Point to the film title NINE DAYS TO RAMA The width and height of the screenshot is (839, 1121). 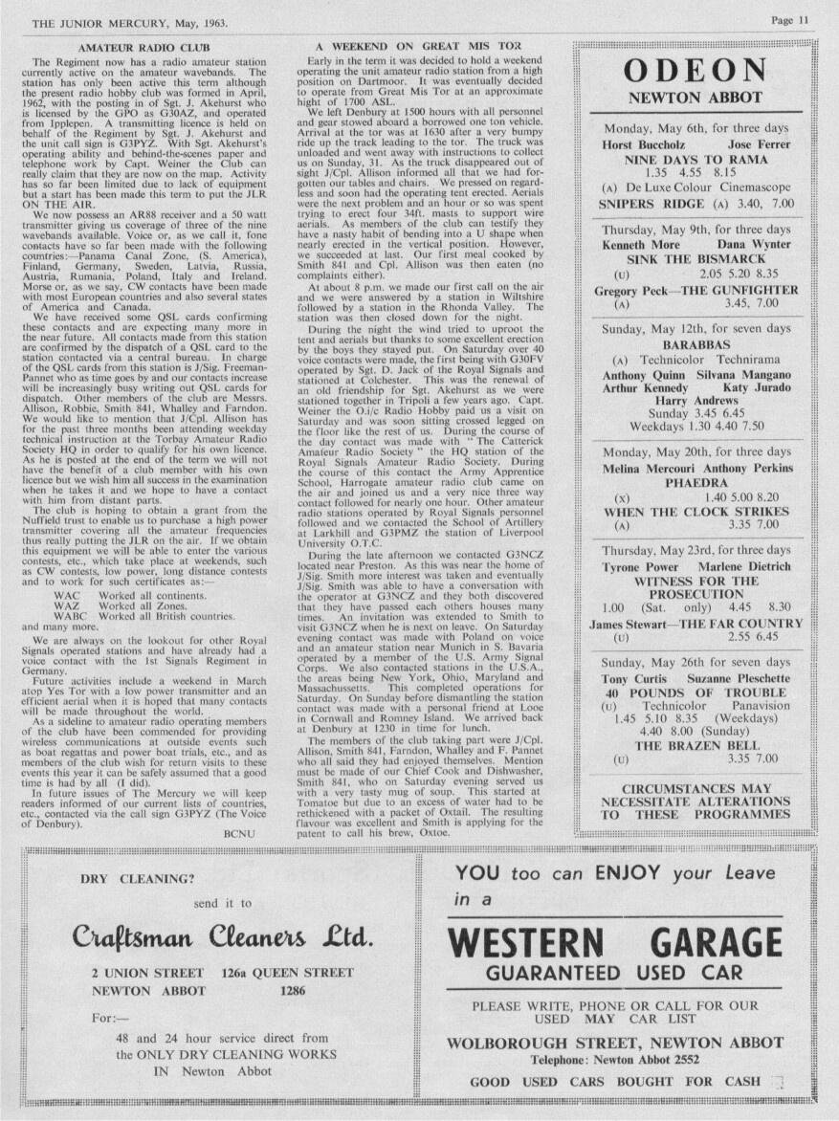point(695,160)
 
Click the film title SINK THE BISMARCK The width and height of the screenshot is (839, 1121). point(695,259)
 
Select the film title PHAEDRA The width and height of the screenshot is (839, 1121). point(695,484)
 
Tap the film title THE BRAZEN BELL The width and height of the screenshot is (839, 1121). point(695,745)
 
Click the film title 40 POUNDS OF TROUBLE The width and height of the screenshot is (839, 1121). point(695,692)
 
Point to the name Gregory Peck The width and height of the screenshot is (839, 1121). point(630,290)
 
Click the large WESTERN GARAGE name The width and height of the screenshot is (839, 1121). point(632,942)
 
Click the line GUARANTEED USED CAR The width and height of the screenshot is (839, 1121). point(632,975)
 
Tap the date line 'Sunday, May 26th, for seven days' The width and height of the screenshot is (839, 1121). point(695,662)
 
